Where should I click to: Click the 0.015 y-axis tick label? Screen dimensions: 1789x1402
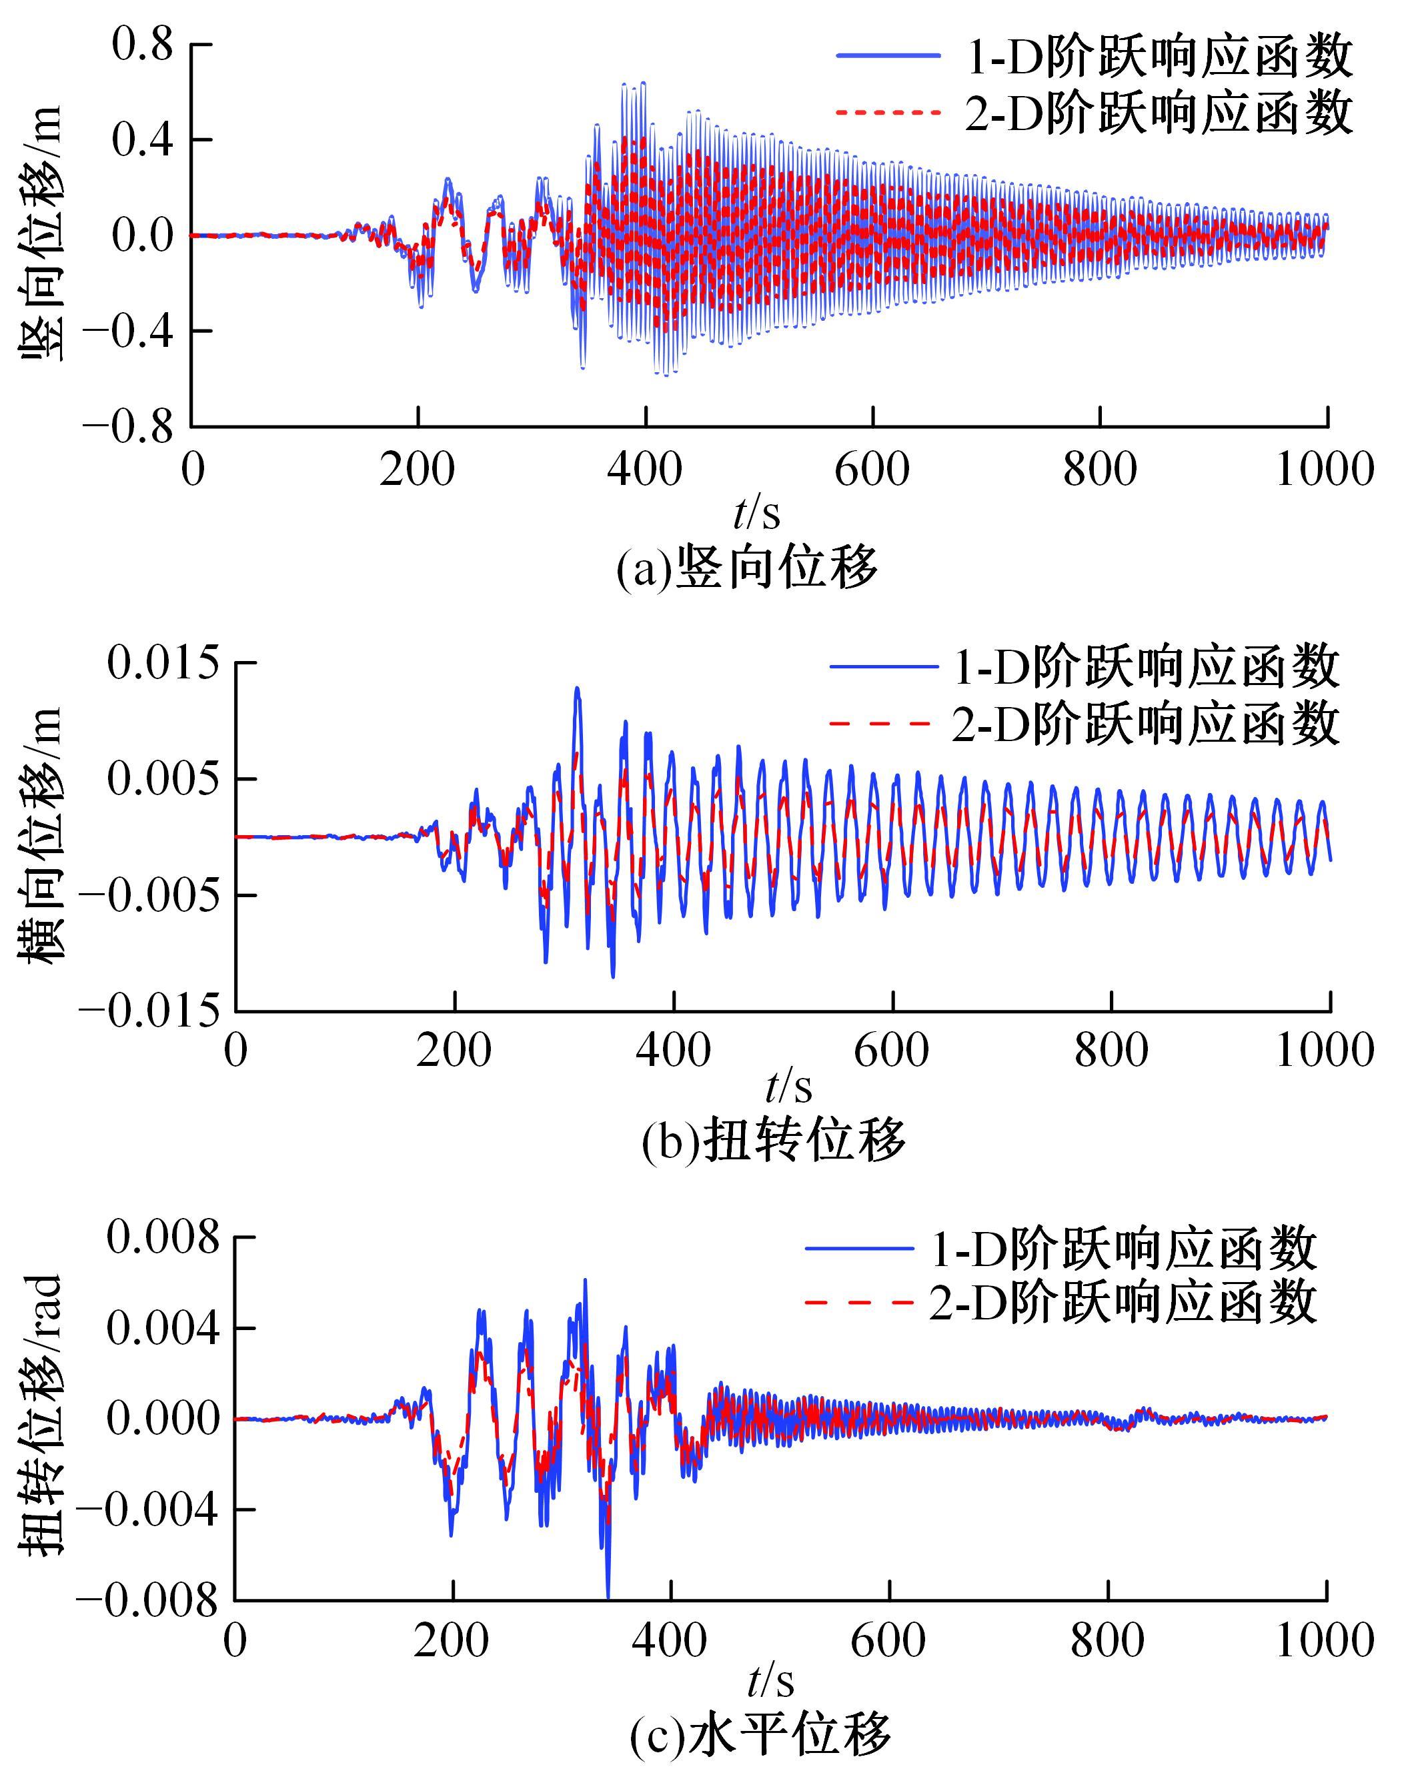tap(164, 664)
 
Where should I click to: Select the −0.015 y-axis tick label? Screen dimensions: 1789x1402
tap(150, 1011)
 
